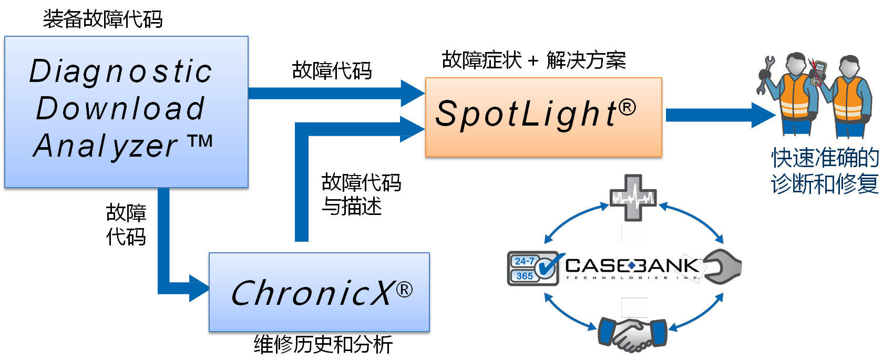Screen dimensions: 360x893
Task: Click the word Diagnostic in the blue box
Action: pos(121,72)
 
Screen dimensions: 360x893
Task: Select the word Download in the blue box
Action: pos(120,109)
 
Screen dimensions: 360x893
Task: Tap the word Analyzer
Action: pos(106,146)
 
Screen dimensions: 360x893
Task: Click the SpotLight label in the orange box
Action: pos(526,114)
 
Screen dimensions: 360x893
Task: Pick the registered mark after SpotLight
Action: pos(627,108)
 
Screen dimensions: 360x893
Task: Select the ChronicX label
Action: pos(311,293)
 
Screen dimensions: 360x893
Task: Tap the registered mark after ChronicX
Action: pos(404,290)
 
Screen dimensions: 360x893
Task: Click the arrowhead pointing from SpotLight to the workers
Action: pos(763,115)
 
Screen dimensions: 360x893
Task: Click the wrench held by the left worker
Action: pos(765,74)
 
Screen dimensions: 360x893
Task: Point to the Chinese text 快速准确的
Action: pos(825,158)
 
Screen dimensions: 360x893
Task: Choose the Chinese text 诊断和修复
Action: pos(825,184)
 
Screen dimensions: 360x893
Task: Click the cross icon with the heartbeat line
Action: pos(633,198)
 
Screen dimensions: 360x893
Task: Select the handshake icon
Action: pos(633,334)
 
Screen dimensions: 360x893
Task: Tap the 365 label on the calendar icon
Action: pos(525,276)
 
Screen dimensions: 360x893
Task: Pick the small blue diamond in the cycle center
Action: pos(632,266)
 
